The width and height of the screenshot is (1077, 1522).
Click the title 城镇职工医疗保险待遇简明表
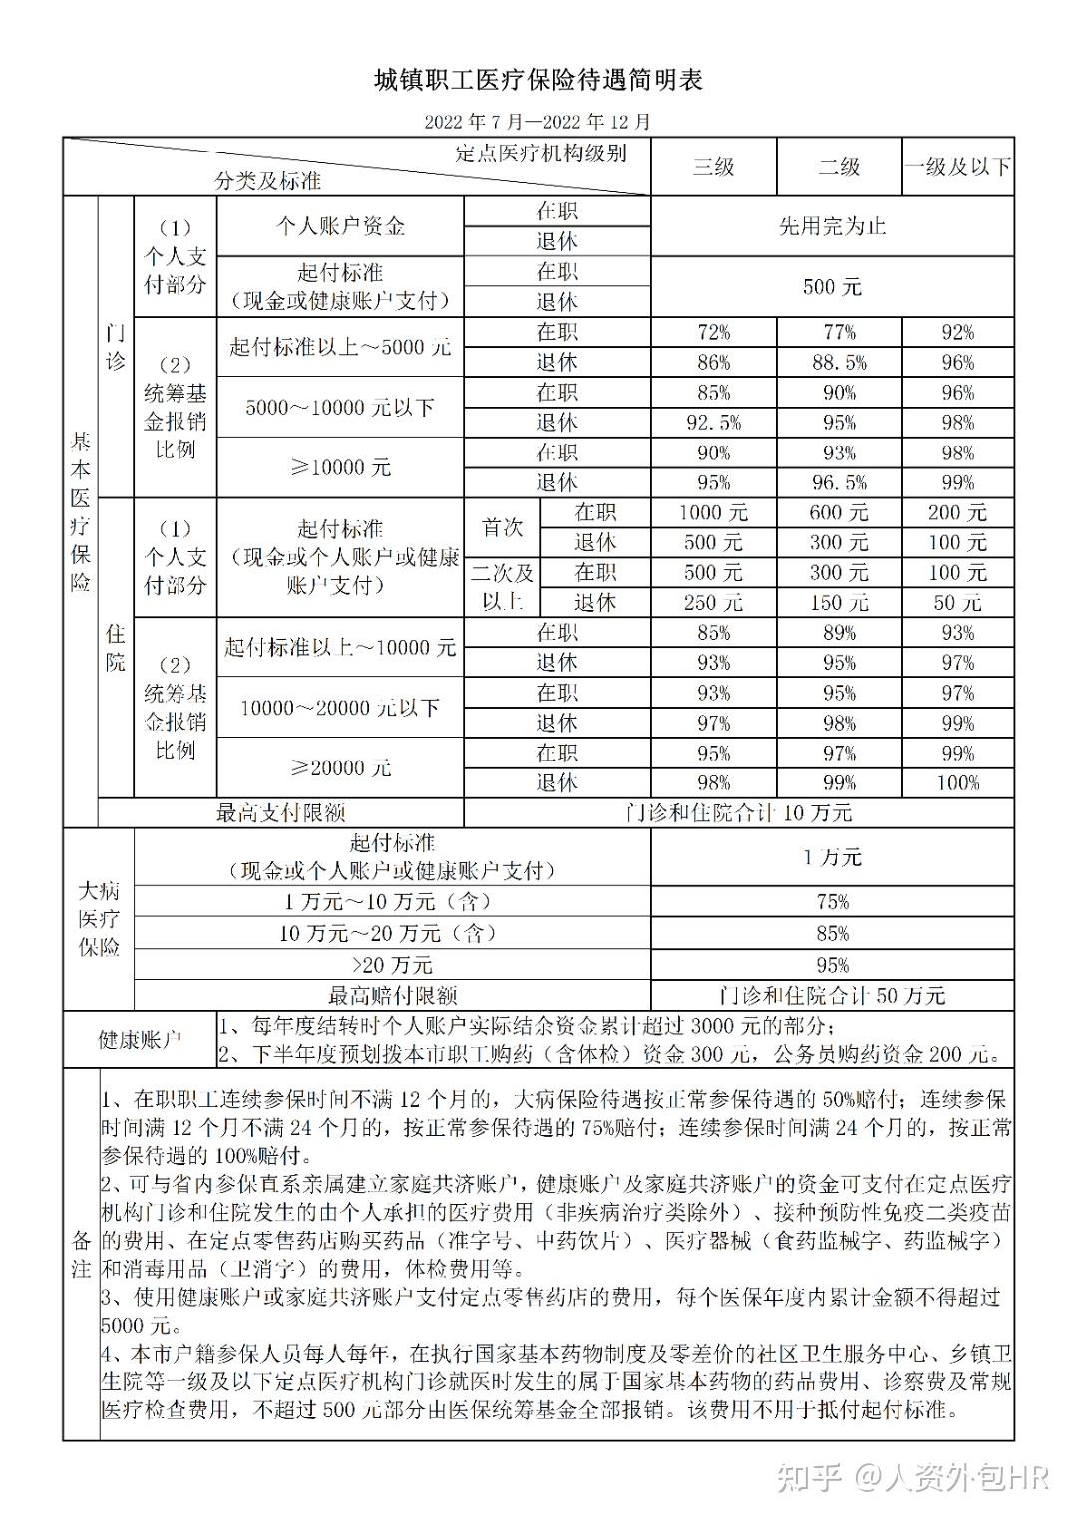pos(538,80)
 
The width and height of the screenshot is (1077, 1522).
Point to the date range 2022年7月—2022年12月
pos(538,122)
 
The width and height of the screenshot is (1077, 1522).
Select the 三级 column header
pos(713,167)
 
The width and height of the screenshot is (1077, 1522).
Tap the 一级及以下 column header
pos(957,167)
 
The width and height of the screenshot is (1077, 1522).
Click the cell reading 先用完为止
pos(832,227)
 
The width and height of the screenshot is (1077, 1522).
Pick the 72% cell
pos(713,333)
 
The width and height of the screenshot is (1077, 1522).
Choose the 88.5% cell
pos(839,363)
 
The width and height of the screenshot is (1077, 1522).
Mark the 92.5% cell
pos(713,423)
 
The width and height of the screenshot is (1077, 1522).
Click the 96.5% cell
pos(839,483)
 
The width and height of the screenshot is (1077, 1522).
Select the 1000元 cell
pos(713,513)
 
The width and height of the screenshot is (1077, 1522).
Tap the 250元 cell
pos(713,603)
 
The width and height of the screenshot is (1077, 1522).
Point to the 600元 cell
pos(839,513)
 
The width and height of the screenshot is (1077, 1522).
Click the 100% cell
pos(957,783)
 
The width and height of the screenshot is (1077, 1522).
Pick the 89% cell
pos(839,633)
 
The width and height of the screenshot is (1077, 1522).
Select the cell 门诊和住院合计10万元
pos(738,813)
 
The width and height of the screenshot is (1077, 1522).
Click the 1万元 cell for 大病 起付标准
pos(832,857)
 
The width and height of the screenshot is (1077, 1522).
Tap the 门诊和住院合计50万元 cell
pos(832,995)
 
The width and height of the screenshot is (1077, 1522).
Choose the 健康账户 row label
pos(140,1040)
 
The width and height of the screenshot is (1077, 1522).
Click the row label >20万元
pos(392,964)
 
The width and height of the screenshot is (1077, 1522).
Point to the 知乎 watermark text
pos(812,1477)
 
